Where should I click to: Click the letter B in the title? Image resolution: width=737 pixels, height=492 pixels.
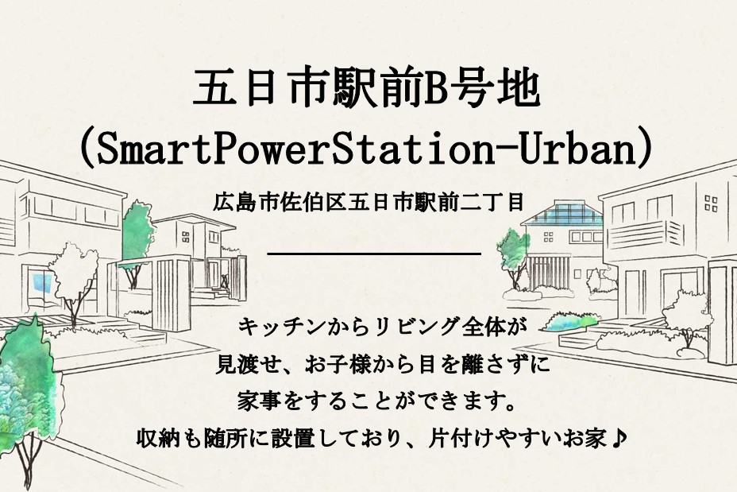pos(437,88)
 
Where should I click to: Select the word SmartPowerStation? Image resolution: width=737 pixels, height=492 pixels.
pos(295,148)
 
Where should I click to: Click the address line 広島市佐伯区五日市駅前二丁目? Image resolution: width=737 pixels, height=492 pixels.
pos(368,202)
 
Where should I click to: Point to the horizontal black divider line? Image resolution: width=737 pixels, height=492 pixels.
pos(374,254)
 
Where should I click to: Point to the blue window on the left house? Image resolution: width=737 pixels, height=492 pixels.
pos(42,283)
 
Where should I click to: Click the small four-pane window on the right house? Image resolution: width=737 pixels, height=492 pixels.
pos(711,203)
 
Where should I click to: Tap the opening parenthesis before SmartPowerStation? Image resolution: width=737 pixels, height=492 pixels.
pos(87,148)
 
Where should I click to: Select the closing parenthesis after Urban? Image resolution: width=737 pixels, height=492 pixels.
pos(644,148)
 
